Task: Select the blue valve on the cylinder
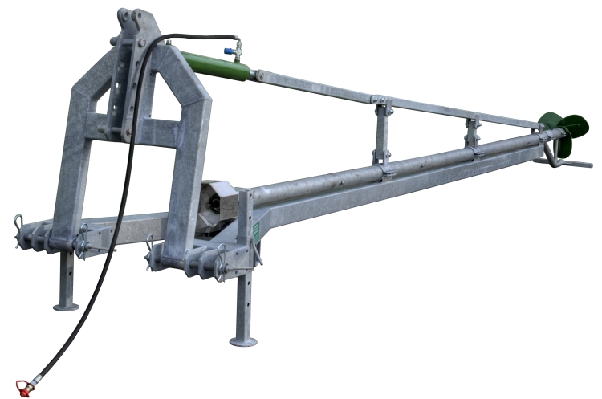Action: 238,51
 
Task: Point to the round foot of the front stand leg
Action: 243,341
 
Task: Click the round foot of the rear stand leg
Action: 66,305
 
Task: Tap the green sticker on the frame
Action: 255,230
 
